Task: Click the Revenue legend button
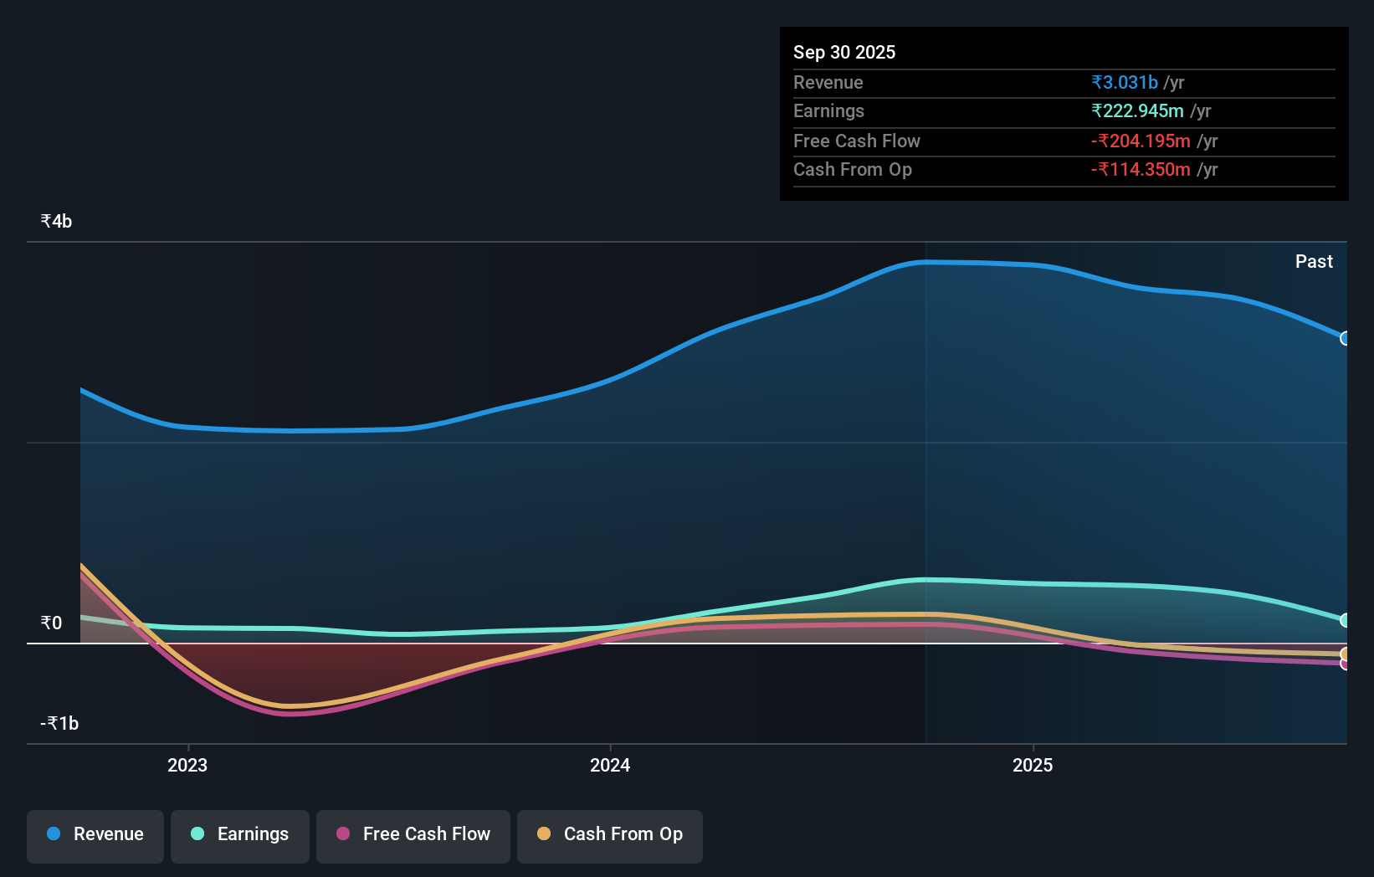tap(95, 834)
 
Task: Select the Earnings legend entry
tap(240, 834)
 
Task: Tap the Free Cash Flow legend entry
tap(413, 834)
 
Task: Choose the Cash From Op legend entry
tap(610, 834)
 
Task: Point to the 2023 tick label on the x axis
tap(187, 765)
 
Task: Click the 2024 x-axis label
tap(610, 765)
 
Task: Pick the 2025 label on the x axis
tap(1033, 765)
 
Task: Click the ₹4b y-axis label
tap(56, 221)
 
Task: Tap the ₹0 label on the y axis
tap(51, 623)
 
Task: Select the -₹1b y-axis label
tap(59, 723)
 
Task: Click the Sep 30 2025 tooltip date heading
tap(844, 52)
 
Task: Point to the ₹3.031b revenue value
tap(1125, 82)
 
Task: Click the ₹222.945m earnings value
tap(1137, 110)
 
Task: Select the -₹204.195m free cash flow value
tap(1141, 141)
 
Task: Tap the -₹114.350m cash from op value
tap(1141, 169)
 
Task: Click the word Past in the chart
tap(1314, 261)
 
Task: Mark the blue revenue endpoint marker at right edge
tap(1345, 338)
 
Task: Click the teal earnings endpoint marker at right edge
tap(1345, 620)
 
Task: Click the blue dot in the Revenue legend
tap(54, 833)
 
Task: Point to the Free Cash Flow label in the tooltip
tap(856, 141)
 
